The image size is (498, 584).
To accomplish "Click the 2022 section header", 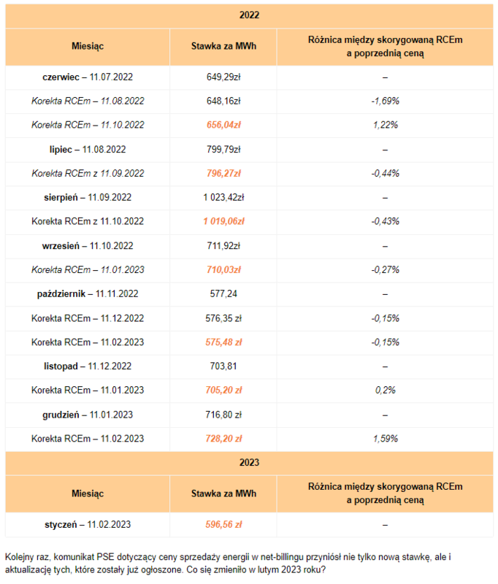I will click(249, 15).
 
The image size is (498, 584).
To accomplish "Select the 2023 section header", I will click(249, 462).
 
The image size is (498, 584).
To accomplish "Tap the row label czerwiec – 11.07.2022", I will click(88, 77).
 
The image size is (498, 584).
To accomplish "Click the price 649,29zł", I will click(223, 77).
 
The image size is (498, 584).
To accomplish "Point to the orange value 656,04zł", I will click(223, 125).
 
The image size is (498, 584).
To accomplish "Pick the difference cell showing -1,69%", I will click(385, 101).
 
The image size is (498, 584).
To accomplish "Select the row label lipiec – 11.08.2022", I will click(88, 149).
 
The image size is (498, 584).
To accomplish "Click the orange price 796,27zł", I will click(223, 173).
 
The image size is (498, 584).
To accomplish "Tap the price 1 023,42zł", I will click(223, 197).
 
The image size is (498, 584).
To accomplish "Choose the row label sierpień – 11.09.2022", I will click(88, 197).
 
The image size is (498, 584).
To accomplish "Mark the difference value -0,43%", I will click(385, 221).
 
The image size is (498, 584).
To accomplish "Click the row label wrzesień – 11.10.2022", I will click(88, 245).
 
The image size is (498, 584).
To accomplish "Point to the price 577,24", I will click(223, 293).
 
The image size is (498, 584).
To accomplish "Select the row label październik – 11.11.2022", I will click(88, 293).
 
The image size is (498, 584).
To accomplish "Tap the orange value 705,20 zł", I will click(223, 390).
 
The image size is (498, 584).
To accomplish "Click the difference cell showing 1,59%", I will click(385, 438).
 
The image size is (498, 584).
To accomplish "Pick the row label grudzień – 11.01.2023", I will click(88, 414).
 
